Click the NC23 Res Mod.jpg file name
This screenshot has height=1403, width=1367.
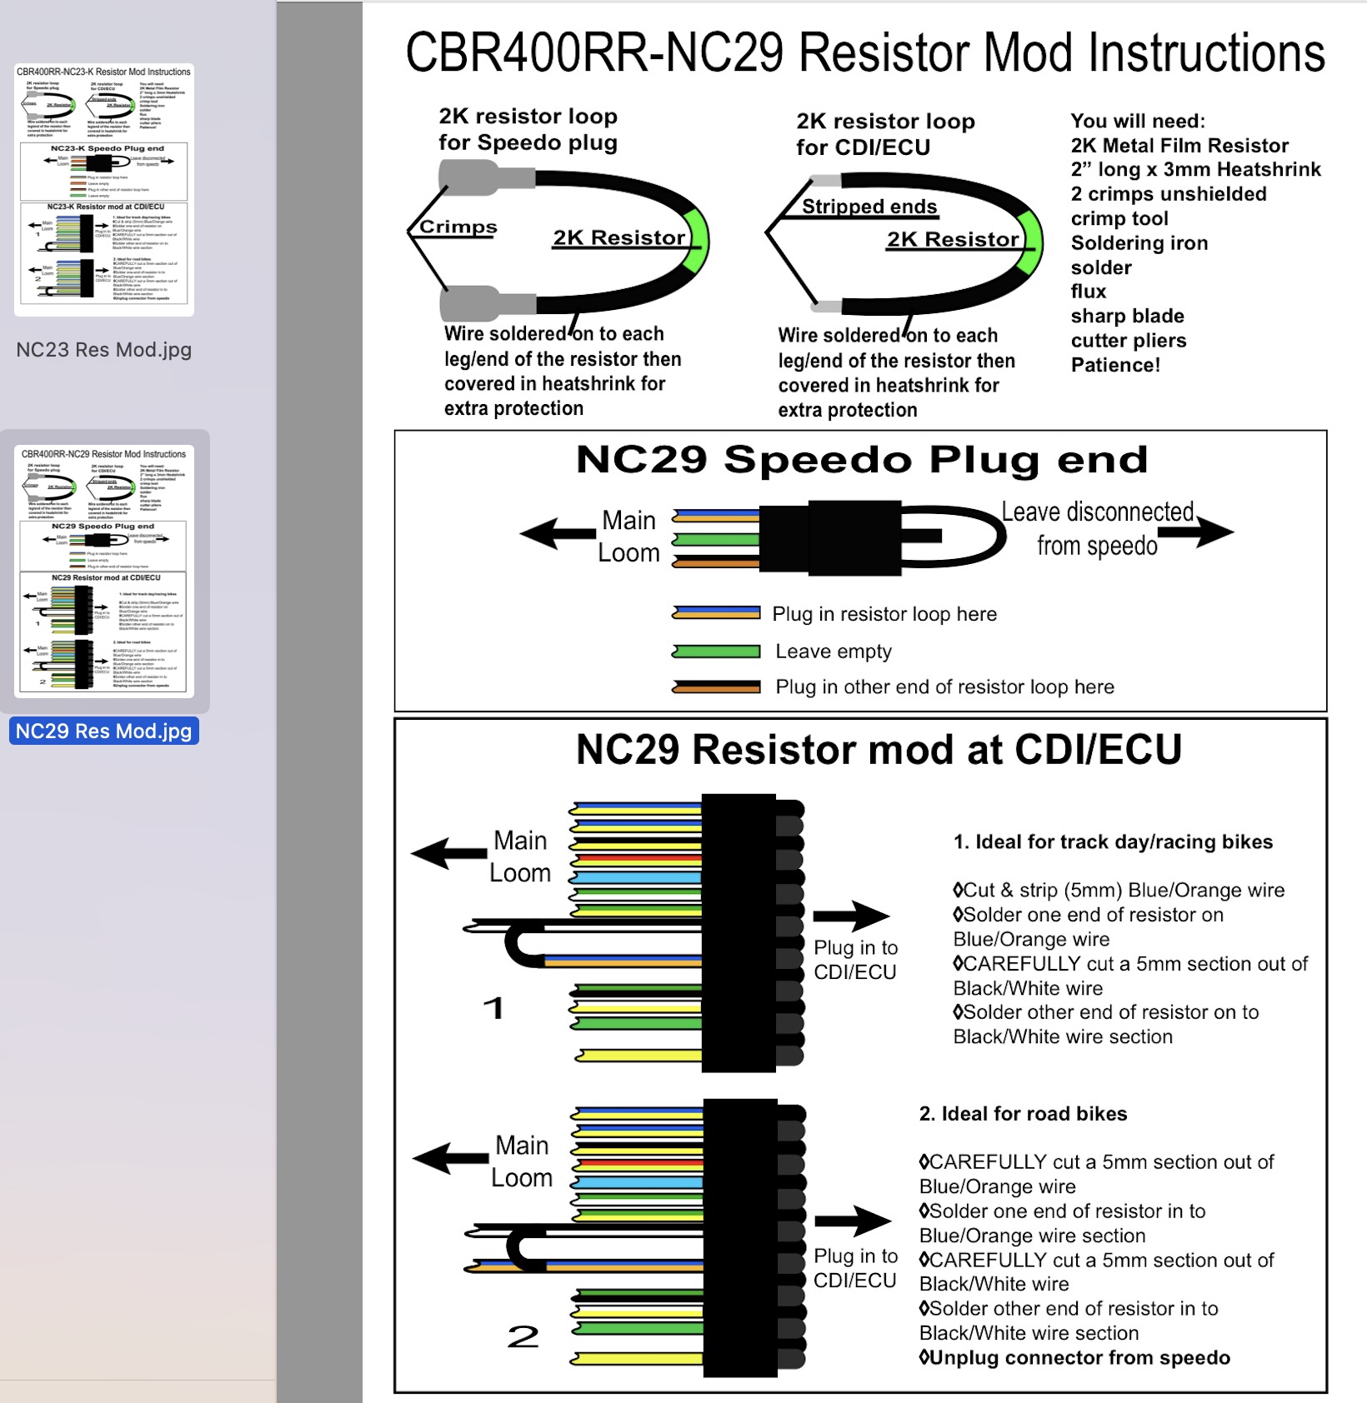[x=103, y=350]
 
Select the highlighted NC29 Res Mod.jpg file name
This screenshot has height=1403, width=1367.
[x=103, y=731]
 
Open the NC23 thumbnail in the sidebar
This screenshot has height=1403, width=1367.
[x=103, y=189]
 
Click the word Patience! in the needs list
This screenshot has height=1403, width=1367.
[x=1115, y=365]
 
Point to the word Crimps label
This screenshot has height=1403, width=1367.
[x=458, y=227]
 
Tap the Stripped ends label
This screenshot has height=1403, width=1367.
[x=869, y=207]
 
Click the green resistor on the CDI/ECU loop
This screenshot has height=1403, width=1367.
[x=1031, y=243]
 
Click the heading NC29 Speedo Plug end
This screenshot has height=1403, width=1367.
[x=861, y=460]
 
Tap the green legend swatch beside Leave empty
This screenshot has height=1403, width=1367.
[x=717, y=652]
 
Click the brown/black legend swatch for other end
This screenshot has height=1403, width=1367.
[x=717, y=687]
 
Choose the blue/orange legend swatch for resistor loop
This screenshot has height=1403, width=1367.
[x=717, y=614]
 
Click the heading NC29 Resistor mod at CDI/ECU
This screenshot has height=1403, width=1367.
[x=879, y=750]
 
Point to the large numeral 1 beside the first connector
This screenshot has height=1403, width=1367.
[x=493, y=1008]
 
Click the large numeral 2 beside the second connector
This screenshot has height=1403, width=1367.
[x=523, y=1336]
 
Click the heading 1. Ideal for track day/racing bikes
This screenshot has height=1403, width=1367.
[x=1113, y=842]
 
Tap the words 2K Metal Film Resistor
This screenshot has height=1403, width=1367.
[x=1179, y=146]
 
